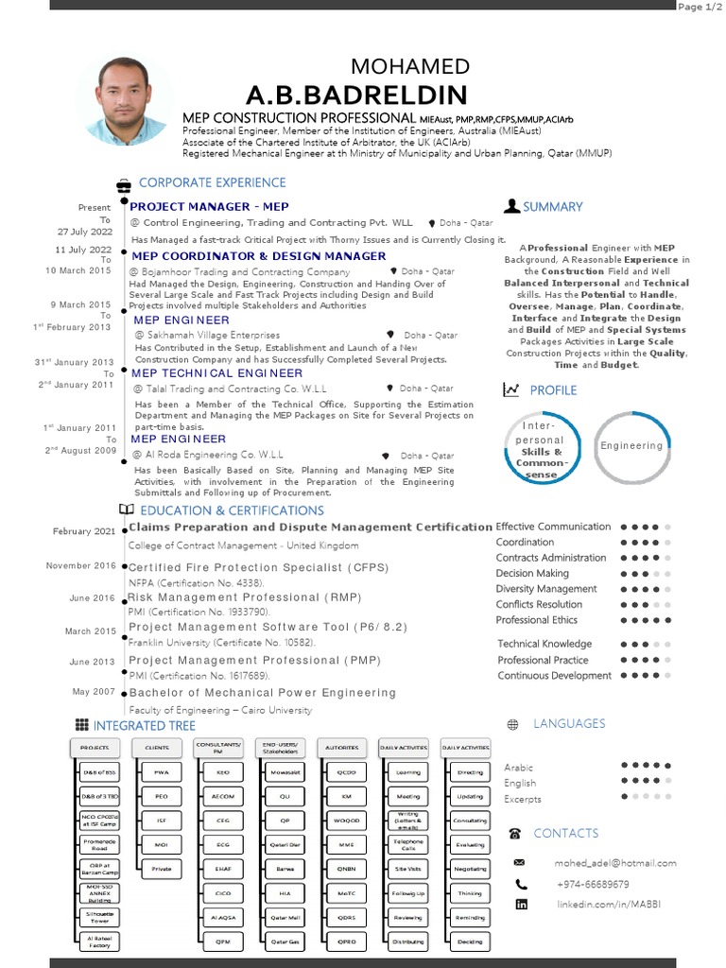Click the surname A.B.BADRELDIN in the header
click(356, 95)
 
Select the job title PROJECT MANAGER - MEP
click(209, 206)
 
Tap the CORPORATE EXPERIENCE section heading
click(212, 182)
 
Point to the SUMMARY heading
click(552, 206)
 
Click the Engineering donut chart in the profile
click(631, 445)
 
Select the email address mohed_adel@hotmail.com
click(615, 863)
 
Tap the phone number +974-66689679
click(592, 884)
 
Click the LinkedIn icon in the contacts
click(521, 905)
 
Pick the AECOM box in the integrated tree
click(223, 796)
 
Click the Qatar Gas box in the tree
click(285, 942)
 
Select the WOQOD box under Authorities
click(346, 821)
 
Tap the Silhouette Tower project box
click(99, 917)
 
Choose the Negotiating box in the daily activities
click(470, 869)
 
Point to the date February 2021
click(85, 531)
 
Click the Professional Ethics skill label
click(537, 620)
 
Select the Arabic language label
click(519, 768)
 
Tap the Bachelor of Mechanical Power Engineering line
click(262, 693)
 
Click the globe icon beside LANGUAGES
click(512, 725)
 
